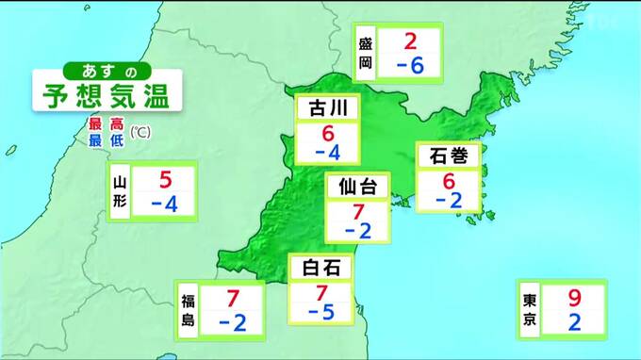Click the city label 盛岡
(x=366, y=54)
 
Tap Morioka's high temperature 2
(x=410, y=41)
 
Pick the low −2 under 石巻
(x=449, y=200)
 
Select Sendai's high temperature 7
(x=357, y=211)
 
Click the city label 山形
(x=119, y=192)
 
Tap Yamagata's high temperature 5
(x=165, y=179)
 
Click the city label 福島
(x=188, y=311)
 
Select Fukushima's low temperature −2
(x=232, y=323)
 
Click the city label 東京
(x=530, y=311)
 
